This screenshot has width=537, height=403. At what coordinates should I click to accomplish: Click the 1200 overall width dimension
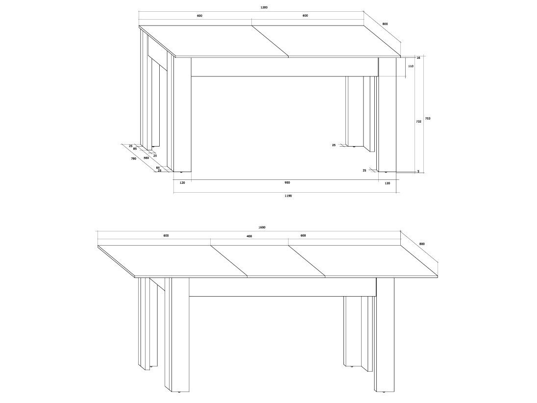pyautogui.click(x=264, y=7)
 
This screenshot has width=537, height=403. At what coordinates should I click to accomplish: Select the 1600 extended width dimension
pyautogui.click(x=262, y=227)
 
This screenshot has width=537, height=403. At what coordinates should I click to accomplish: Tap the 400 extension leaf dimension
pyautogui.click(x=249, y=236)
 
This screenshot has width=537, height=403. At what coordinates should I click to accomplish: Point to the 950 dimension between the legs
pyautogui.click(x=287, y=183)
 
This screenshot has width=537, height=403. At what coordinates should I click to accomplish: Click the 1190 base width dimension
pyautogui.click(x=288, y=196)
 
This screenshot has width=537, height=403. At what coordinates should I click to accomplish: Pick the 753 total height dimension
pyautogui.click(x=427, y=119)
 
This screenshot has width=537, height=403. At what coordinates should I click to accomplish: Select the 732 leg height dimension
pyautogui.click(x=418, y=121)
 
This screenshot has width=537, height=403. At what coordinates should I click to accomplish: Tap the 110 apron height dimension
pyautogui.click(x=411, y=66)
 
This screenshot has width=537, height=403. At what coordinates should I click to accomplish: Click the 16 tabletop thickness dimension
pyautogui.click(x=418, y=58)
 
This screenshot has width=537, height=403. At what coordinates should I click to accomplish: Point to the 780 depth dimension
pyautogui.click(x=133, y=159)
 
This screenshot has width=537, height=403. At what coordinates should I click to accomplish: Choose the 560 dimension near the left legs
pyautogui.click(x=146, y=158)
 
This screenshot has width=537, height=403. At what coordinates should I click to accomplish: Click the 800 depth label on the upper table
pyautogui.click(x=385, y=24)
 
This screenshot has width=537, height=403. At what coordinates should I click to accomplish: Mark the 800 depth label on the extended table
pyautogui.click(x=421, y=244)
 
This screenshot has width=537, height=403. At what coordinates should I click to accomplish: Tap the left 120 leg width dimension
pyautogui.click(x=182, y=183)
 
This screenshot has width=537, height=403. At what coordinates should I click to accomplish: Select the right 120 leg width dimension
pyautogui.click(x=388, y=183)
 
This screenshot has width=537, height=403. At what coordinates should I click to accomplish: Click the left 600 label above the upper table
pyautogui.click(x=200, y=15)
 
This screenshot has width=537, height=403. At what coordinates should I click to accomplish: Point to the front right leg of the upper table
pyautogui.click(x=388, y=114)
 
